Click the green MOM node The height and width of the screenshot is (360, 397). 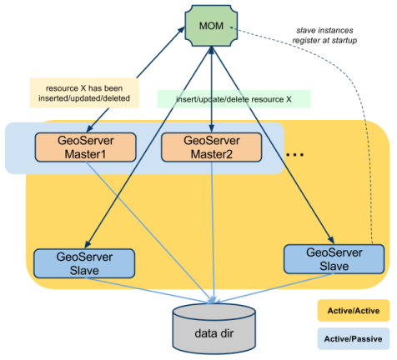click(x=211, y=26)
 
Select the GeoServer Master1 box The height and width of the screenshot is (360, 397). click(x=85, y=147)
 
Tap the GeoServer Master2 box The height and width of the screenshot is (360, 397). click(x=212, y=147)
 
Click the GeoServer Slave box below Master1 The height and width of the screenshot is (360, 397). click(x=84, y=263)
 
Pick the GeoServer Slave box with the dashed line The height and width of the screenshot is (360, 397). click(x=334, y=259)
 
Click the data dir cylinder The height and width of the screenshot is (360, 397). click(x=214, y=327)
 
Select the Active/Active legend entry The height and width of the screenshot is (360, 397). click(x=354, y=311)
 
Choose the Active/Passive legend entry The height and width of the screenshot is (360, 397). click(x=354, y=338)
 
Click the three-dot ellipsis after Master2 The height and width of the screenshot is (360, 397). click(x=294, y=155)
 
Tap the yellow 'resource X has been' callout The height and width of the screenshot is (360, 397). click(x=84, y=93)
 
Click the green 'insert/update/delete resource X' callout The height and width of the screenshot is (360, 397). click(x=234, y=99)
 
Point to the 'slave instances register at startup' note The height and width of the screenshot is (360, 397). click(x=324, y=35)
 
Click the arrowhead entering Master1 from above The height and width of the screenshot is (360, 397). click(x=89, y=128)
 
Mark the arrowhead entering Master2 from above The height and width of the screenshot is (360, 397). click(x=212, y=128)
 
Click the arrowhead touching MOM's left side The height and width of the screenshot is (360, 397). click(x=182, y=30)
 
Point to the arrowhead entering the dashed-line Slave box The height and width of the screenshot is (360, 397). click(x=331, y=240)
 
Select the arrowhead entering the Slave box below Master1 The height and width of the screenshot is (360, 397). click(x=88, y=244)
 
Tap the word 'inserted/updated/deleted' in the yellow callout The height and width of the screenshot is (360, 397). click(x=84, y=98)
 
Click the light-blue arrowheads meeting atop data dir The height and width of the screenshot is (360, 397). click(x=214, y=301)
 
